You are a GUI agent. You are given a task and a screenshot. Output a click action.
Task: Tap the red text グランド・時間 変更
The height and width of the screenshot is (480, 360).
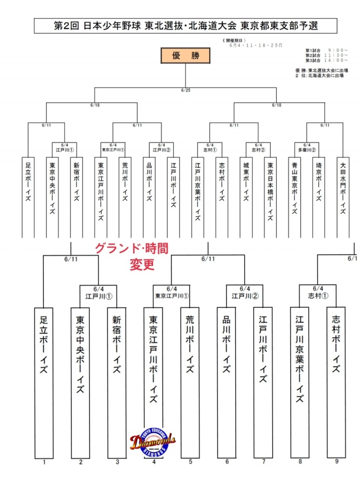coord(130,257)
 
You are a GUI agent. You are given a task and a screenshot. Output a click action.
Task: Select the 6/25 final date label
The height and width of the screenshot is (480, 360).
coord(186,90)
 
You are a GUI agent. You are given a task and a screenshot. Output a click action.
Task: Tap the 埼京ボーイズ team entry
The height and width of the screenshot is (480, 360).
coord(319,186)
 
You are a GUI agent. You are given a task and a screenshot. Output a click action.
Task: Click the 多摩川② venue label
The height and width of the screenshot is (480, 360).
coord(307,150)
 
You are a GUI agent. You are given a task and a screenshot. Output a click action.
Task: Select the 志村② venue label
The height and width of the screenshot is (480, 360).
coord(259,150)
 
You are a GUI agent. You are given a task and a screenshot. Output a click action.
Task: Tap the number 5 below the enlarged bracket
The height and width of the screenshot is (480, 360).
coord(190,462)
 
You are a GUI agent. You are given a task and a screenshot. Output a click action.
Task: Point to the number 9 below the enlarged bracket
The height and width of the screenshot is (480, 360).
coord(336,462)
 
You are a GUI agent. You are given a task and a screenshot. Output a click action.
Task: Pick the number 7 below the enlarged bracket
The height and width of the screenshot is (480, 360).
coord(263,462)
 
